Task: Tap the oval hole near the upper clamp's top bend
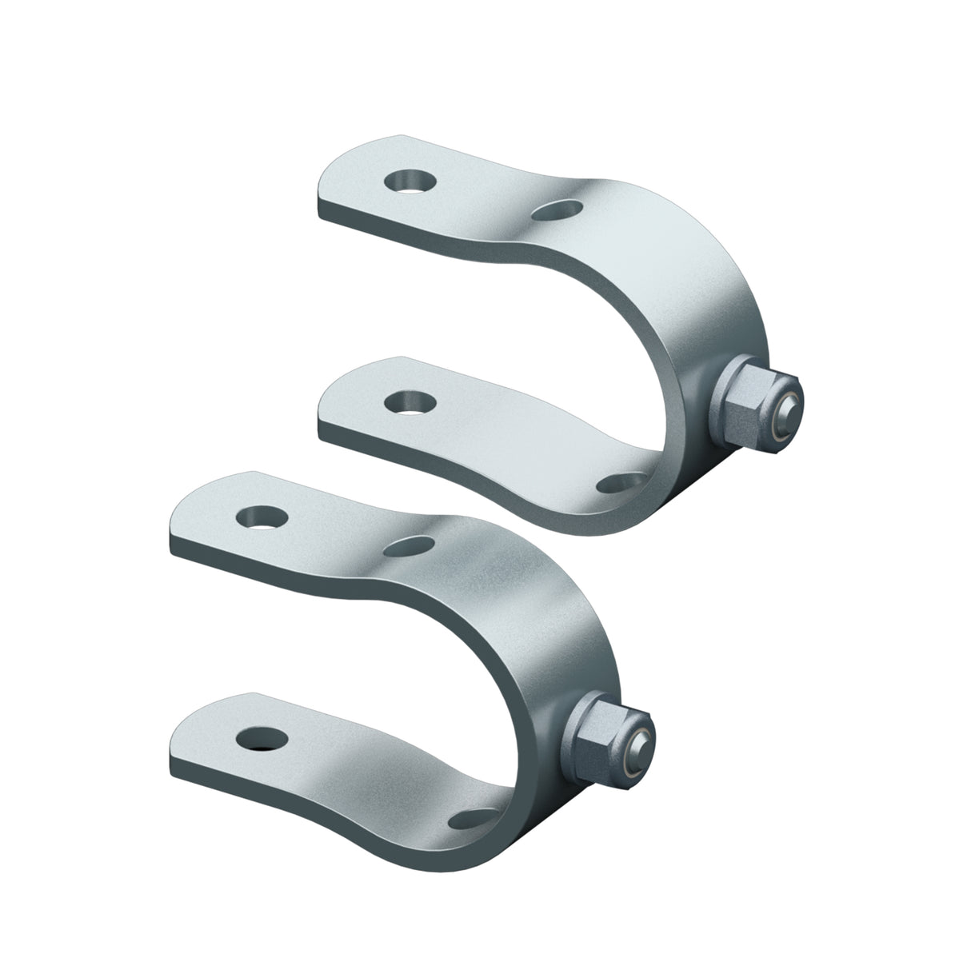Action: coord(557,210)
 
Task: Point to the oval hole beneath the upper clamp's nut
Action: coord(621,482)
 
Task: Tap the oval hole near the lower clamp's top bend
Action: coord(410,546)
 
